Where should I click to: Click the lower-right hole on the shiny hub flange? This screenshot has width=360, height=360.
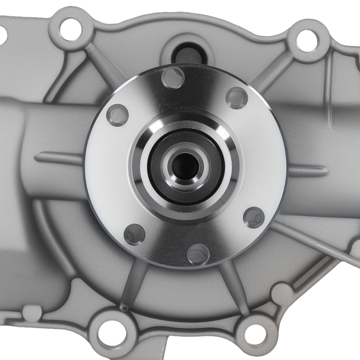click(254, 216)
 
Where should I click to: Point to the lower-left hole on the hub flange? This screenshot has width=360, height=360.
click(135, 234)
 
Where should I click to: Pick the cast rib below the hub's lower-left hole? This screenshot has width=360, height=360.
click(130, 284)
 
